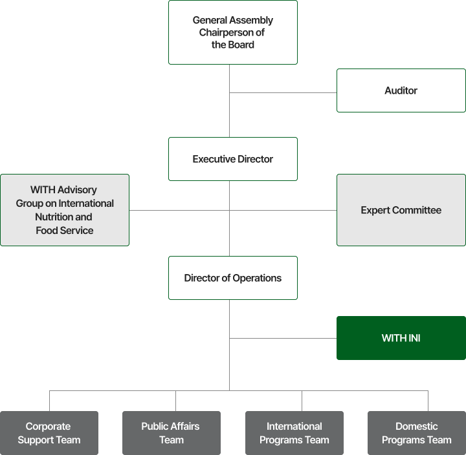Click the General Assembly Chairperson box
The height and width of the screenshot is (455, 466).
pyautogui.click(x=233, y=32)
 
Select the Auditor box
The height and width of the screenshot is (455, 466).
pyautogui.click(x=401, y=90)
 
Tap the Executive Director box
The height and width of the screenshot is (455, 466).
pyautogui.click(x=233, y=159)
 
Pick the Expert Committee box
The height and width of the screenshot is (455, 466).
pyautogui.click(x=401, y=210)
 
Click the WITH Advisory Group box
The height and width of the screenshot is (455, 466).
pyautogui.click(x=65, y=210)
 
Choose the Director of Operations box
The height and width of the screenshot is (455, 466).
pyautogui.click(x=233, y=278)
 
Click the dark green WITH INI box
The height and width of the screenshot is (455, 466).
pyautogui.click(x=401, y=338)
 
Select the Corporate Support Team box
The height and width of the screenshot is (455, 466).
pyautogui.click(x=49, y=433)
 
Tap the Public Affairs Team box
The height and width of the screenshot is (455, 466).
pyautogui.click(x=172, y=433)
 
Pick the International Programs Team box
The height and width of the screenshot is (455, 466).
pyautogui.click(x=294, y=433)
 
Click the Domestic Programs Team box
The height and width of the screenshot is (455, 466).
pyautogui.click(x=417, y=433)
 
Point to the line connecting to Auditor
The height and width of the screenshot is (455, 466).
pyautogui.click(x=283, y=92)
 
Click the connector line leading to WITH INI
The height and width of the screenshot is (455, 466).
pyautogui.click(x=283, y=338)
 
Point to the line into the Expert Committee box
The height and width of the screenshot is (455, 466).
pyautogui.click(x=283, y=211)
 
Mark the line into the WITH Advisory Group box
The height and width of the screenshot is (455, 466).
pyautogui.click(x=179, y=211)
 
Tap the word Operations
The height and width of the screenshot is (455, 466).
pyautogui.click(x=257, y=278)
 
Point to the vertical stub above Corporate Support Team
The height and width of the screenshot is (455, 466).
pyautogui.click(x=49, y=401)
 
